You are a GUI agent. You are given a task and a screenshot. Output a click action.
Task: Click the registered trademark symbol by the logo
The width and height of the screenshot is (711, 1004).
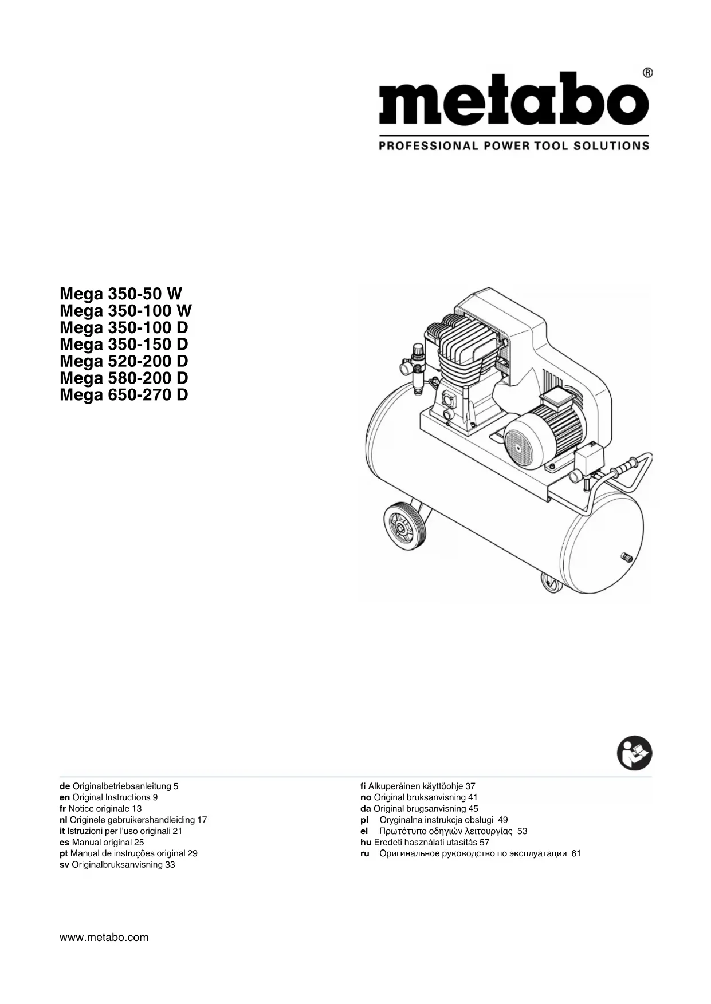tap(647, 73)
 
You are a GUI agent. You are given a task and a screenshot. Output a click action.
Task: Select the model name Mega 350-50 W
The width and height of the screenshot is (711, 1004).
tap(121, 294)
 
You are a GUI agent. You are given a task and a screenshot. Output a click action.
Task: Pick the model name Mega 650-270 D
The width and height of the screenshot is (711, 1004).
tap(124, 395)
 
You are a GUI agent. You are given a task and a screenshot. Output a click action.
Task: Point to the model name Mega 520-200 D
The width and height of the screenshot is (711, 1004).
tap(124, 361)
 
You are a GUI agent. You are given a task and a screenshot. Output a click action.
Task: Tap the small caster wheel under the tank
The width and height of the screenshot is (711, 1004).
tap(551, 584)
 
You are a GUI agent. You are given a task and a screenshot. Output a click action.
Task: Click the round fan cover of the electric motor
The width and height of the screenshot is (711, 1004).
tap(524, 441)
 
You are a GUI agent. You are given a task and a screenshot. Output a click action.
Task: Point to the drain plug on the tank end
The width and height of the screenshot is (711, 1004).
tap(626, 556)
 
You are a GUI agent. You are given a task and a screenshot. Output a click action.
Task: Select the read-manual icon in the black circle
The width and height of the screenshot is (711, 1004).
tap(634, 753)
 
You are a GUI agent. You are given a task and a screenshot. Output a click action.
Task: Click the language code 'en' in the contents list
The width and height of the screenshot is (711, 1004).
tap(64, 797)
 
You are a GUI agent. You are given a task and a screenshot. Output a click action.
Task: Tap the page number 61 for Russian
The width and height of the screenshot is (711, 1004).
tap(576, 853)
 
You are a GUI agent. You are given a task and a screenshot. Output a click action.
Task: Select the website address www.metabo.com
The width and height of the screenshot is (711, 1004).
tap(104, 938)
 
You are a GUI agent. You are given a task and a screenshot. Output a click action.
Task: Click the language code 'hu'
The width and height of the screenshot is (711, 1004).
tap(366, 843)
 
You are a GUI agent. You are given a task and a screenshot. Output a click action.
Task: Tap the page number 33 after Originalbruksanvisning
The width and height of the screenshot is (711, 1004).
tap(170, 865)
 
